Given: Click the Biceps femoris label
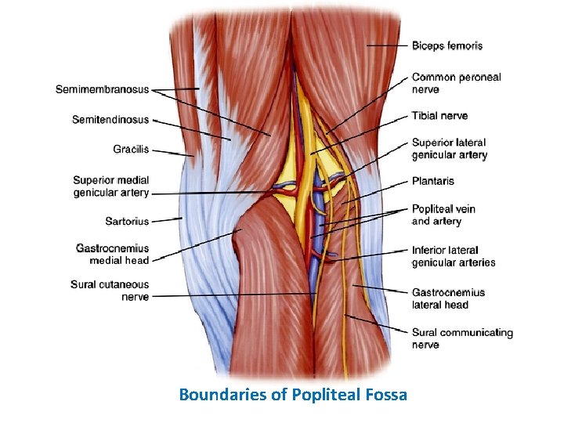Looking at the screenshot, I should click(447, 45).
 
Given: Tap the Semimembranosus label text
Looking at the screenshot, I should click(102, 89).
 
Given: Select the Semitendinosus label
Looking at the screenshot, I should click(110, 120).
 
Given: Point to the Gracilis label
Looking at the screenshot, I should click(131, 149).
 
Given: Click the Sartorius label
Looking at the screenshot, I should click(127, 222).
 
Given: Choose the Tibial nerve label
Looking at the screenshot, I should click(439, 116).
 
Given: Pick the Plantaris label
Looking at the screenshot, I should click(433, 181).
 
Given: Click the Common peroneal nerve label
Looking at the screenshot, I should click(456, 83).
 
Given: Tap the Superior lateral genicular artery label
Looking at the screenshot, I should click(449, 149).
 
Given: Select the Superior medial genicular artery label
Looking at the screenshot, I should click(110, 186).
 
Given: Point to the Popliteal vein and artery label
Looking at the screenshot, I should click(443, 215).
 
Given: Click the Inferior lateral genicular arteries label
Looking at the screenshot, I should click(454, 256).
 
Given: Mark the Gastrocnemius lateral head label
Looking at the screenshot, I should click(448, 298).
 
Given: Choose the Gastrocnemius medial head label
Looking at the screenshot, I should click(112, 254).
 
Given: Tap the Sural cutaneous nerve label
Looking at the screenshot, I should click(110, 291).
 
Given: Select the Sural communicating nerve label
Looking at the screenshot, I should click(462, 338).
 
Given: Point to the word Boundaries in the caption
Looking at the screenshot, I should click(222, 394).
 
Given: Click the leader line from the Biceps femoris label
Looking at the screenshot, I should click(387, 45).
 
